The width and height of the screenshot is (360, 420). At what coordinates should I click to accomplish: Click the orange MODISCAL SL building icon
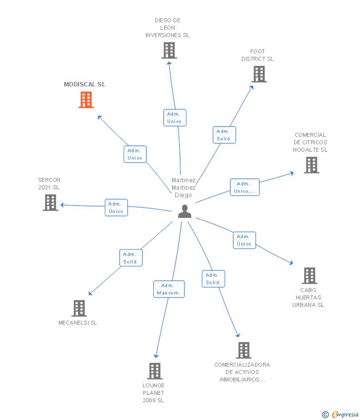click(86, 100)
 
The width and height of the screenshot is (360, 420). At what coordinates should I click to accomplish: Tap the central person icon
click(184, 211)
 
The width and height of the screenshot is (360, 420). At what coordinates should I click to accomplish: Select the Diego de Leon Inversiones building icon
click(169, 50)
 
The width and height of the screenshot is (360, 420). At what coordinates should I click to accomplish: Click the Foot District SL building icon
click(259, 74)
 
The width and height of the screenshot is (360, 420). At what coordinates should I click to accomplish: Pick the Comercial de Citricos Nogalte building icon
click(312, 165)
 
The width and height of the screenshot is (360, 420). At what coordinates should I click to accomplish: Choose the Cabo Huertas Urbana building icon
click(310, 276)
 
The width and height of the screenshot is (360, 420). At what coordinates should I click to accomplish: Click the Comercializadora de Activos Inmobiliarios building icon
click(244, 350)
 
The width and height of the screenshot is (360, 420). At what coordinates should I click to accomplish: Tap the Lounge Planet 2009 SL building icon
click(155, 371)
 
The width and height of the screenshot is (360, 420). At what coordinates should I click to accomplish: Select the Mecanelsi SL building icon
click(79, 308)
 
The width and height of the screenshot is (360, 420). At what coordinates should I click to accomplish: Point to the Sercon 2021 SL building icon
click(50, 203)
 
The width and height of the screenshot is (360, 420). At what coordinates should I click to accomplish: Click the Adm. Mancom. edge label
click(169, 289)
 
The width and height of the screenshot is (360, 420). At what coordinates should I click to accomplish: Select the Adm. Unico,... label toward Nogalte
click(244, 187)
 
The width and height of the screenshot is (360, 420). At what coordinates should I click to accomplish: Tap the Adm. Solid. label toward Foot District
click(224, 135)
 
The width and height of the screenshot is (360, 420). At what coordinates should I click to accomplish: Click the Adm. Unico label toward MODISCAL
click(135, 154)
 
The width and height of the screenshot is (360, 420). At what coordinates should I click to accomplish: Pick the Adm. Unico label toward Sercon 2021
click(116, 208)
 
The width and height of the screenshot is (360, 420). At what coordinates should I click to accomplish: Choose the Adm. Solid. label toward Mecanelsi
click(131, 258)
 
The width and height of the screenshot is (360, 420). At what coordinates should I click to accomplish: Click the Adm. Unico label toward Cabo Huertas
click(244, 240)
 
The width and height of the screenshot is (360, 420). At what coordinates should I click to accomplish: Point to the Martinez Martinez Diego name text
click(183, 188)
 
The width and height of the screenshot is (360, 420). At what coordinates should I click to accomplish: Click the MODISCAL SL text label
click(85, 84)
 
